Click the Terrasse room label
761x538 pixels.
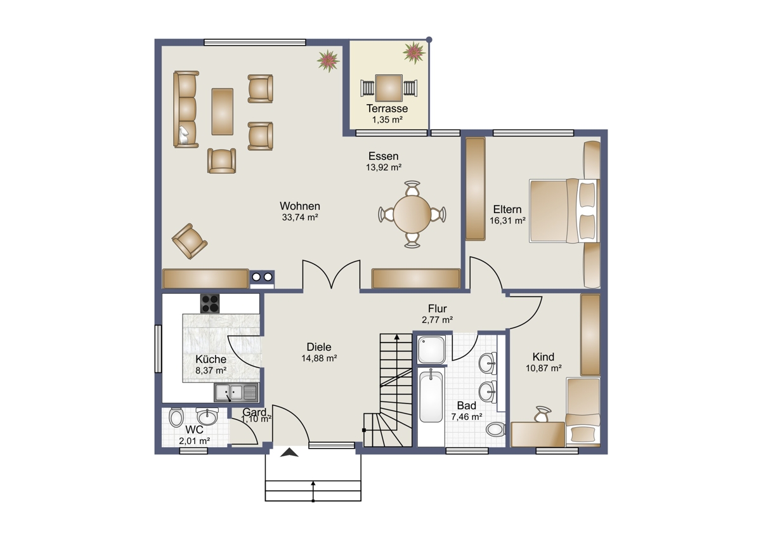pyautogui.click(x=387, y=108)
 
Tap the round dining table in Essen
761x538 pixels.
pyautogui.click(x=412, y=214)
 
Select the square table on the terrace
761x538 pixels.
pyautogui.click(x=389, y=88)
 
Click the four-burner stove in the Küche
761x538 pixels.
pyautogui.click(x=210, y=303)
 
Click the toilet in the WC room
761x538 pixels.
pyautogui.click(x=176, y=417)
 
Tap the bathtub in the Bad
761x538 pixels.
pyautogui.click(x=431, y=397)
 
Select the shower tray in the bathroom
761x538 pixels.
pyautogui.click(x=431, y=350)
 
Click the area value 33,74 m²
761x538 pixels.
pyautogui.click(x=299, y=217)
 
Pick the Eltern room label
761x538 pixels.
pyautogui.click(x=507, y=209)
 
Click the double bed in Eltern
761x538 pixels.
pyautogui.click(x=564, y=211)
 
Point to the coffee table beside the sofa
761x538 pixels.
pyautogui.click(x=222, y=112)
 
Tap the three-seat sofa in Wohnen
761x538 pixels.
pyautogui.click(x=185, y=109)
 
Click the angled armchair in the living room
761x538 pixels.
pyautogui.click(x=190, y=241)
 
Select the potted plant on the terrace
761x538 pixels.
pyautogui.click(x=414, y=53)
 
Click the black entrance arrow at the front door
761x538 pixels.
pyautogui.click(x=289, y=452)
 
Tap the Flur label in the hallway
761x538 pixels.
pyautogui.click(x=437, y=308)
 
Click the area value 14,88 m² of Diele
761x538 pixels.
pyautogui.click(x=319, y=358)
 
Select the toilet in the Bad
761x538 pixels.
pyautogui.click(x=496, y=430)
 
